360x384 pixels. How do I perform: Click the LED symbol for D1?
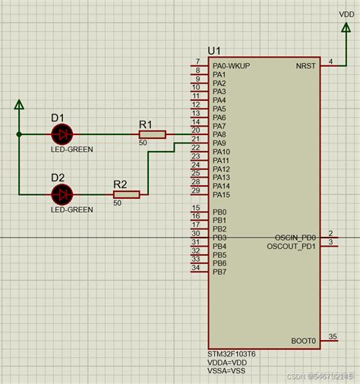click(x=62, y=134)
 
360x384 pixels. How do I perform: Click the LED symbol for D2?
click(x=62, y=194)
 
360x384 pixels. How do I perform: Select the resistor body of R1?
click(x=153, y=134)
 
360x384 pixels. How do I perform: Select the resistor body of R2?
click(x=127, y=195)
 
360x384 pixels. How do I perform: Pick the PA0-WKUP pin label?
click(x=231, y=66)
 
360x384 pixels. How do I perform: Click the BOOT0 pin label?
click(x=303, y=342)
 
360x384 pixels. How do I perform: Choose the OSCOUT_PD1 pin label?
click(x=292, y=247)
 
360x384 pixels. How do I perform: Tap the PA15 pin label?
click(x=221, y=195)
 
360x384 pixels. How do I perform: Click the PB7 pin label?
click(x=219, y=272)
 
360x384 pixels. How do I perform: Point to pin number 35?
click(x=332, y=336)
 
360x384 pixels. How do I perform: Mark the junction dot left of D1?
click(x=20, y=134)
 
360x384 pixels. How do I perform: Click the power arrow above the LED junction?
click(x=20, y=105)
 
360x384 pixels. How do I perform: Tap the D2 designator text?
click(x=58, y=178)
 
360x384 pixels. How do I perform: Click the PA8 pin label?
click(x=219, y=134)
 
